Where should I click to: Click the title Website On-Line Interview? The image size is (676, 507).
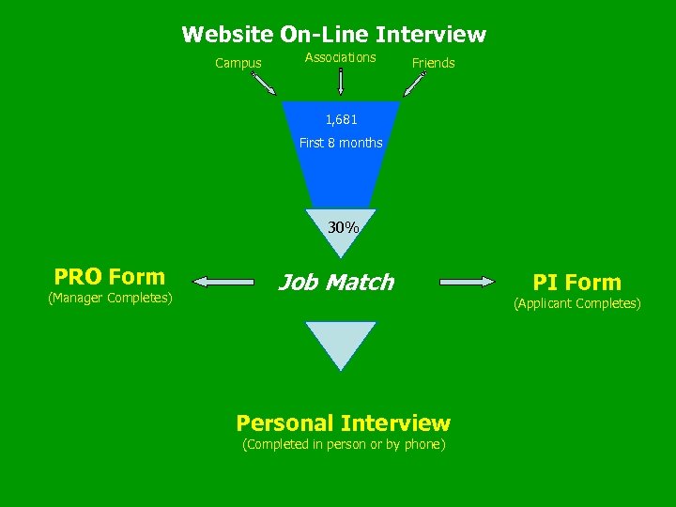tap(334, 35)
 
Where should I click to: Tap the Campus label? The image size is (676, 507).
tap(238, 64)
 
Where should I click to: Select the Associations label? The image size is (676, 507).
tap(340, 57)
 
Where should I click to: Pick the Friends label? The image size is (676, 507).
tap(433, 64)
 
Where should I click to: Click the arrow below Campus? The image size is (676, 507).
tap(264, 84)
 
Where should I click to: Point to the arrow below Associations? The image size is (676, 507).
tap(341, 82)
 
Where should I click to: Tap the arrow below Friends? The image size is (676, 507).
tap(414, 84)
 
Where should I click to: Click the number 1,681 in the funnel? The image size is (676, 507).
tap(341, 120)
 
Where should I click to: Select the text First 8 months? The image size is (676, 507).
tap(341, 143)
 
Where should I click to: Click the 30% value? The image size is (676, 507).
tap(343, 227)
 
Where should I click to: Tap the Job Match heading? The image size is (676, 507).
tap(335, 282)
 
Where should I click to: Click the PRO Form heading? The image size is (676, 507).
tap(110, 277)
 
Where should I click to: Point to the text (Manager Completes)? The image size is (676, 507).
tap(110, 299)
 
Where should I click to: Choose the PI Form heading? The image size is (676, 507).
tap(576, 282)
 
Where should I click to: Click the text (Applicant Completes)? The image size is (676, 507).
tap(576, 303)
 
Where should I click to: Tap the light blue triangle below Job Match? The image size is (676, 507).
tap(340, 341)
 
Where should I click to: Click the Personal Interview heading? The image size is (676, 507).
tap(344, 422)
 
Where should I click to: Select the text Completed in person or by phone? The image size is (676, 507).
tap(344, 444)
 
